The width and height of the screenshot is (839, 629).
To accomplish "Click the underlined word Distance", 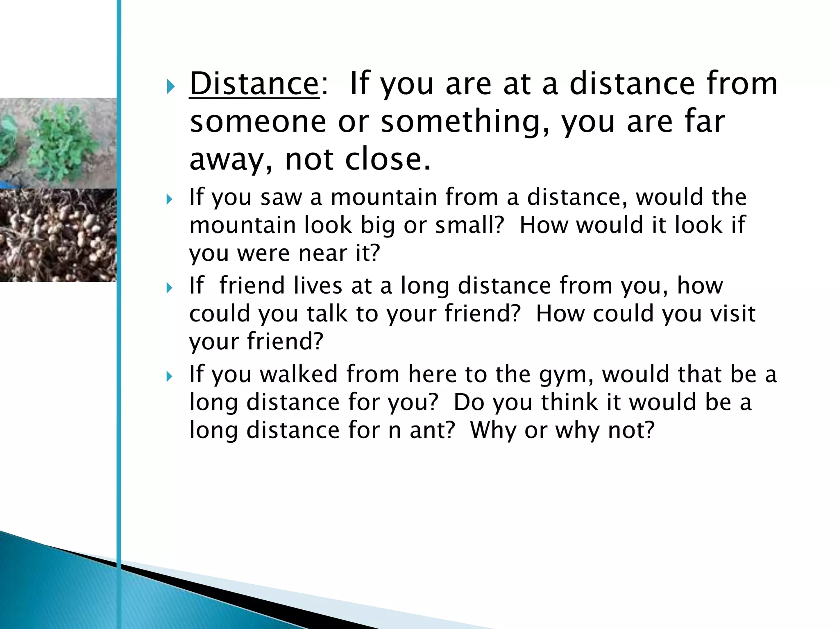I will pyautogui.click(x=254, y=84).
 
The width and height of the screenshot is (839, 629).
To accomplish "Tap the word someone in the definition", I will pyautogui.click(x=258, y=122).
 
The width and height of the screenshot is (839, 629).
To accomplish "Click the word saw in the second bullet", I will pyautogui.click(x=280, y=197).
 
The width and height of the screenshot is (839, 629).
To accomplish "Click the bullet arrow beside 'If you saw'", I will pyautogui.click(x=170, y=200).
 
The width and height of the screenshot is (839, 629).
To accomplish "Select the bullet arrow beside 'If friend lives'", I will pyautogui.click(x=170, y=288).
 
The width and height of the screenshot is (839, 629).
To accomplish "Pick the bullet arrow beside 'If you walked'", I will pyautogui.click(x=170, y=377).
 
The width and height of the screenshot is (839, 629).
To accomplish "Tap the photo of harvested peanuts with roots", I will pyautogui.click(x=57, y=235).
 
